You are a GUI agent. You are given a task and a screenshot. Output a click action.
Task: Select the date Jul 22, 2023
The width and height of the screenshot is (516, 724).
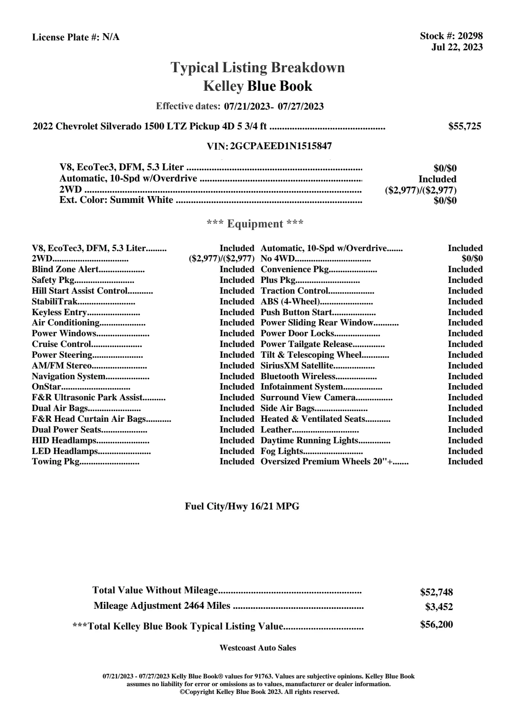[457, 47]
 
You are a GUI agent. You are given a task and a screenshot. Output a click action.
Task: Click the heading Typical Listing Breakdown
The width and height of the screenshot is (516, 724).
[258, 67]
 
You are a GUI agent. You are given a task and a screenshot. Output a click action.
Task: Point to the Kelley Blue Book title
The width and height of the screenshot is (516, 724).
[258, 86]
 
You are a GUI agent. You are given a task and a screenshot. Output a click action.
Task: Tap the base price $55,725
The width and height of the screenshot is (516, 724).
[464, 126]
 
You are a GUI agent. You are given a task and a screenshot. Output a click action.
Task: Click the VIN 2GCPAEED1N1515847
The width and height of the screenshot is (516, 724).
[281, 146]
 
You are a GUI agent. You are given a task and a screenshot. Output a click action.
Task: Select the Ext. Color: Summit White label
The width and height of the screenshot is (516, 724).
[116, 200]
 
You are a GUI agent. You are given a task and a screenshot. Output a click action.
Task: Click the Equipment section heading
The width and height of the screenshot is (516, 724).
[255, 224]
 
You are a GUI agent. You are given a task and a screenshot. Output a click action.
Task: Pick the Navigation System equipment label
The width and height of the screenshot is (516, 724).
[68, 376]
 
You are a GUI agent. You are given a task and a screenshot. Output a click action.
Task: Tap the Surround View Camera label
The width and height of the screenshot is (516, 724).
[308, 397]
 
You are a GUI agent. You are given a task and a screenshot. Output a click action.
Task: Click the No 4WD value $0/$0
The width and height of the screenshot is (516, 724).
[472, 259]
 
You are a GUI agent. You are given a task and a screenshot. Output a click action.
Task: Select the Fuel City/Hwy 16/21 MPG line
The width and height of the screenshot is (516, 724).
[242, 506]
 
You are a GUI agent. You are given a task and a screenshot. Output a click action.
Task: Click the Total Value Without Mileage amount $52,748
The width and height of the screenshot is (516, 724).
[436, 592]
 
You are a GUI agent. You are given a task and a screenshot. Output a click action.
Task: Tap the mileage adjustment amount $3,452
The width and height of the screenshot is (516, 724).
[439, 607]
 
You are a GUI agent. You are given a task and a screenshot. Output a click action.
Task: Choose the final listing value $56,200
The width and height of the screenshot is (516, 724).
[436, 624]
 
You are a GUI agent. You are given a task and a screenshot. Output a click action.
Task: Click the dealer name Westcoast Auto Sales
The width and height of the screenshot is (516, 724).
[257, 647]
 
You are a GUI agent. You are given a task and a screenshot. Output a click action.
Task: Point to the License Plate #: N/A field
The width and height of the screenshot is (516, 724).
[76, 37]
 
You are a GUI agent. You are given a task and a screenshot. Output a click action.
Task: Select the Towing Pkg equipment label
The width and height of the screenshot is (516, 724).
[56, 462]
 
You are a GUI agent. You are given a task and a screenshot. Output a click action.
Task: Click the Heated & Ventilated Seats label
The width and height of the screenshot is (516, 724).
[313, 419]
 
